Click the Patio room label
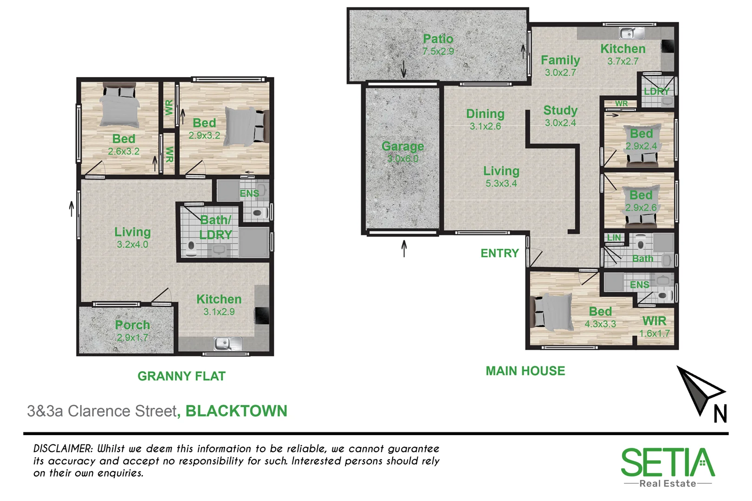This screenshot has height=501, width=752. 438,39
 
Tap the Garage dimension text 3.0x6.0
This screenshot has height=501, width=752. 402,159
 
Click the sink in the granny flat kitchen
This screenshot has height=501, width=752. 227,344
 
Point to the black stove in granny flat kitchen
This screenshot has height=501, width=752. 261,316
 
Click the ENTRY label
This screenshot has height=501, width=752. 499,253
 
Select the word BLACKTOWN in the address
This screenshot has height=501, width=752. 236,411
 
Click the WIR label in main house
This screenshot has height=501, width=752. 654,321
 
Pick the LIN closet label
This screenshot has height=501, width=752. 614,238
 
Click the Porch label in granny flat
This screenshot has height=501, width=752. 132,325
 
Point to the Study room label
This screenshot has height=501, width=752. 560,110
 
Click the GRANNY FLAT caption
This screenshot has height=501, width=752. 182,376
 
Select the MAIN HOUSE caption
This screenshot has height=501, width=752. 525,371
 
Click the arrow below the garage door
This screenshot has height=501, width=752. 404,248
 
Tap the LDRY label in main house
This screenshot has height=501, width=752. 656,91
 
